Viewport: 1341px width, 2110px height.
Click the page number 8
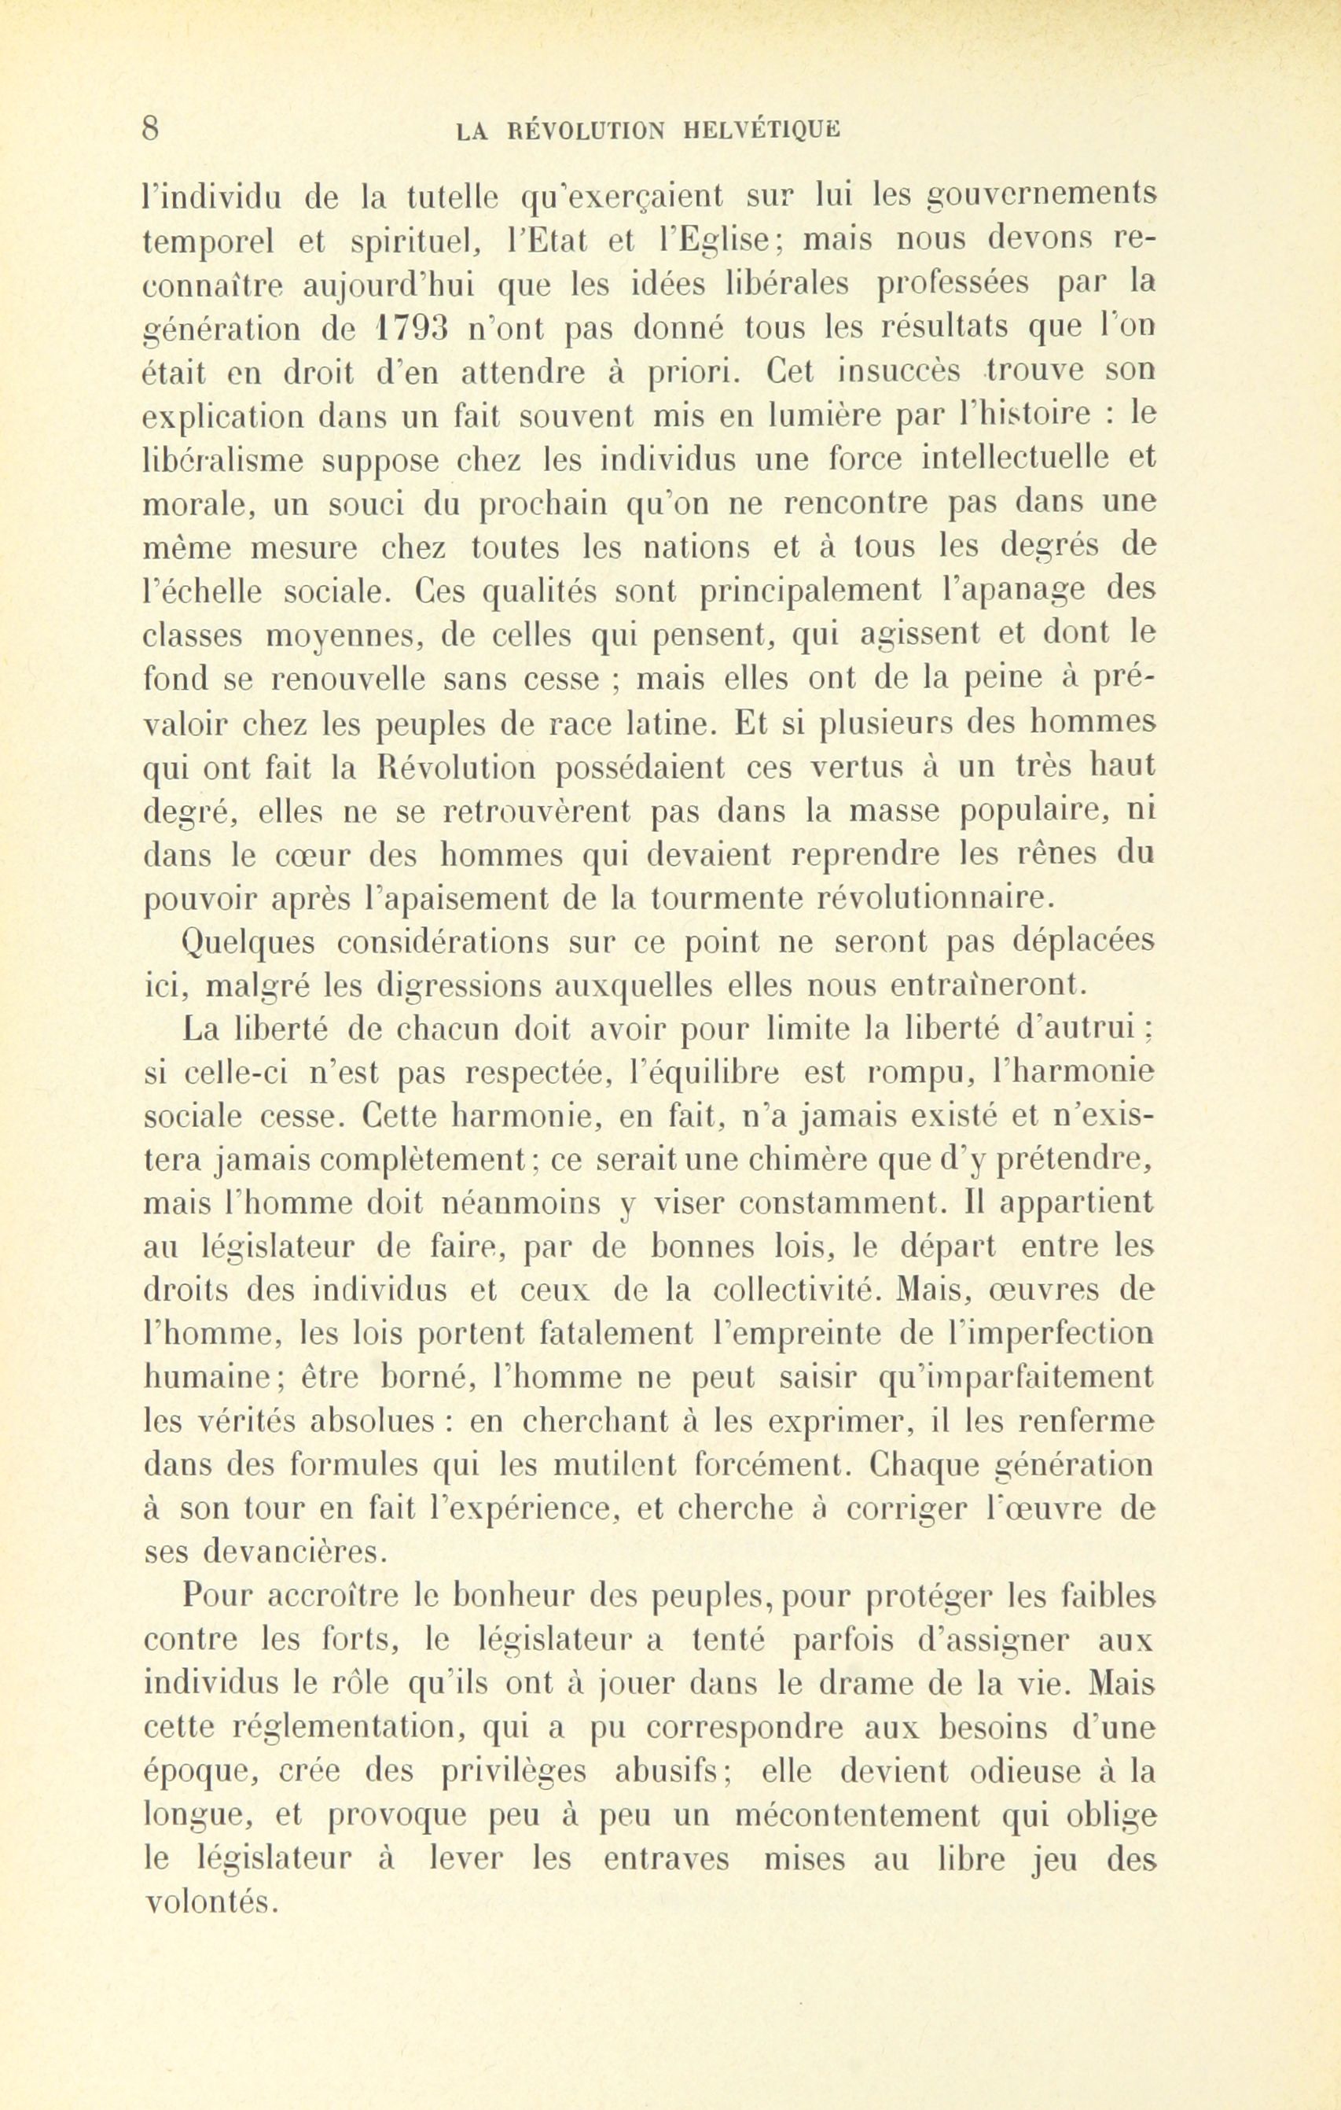151,129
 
